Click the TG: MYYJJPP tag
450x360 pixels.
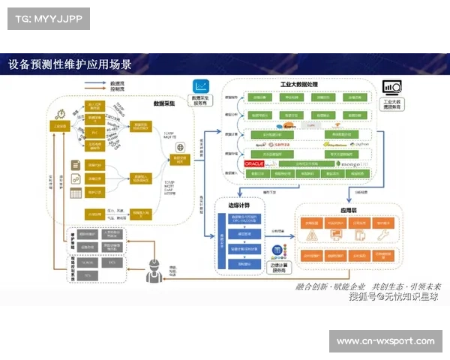[x=47, y=19]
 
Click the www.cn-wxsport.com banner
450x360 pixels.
[x=385, y=342]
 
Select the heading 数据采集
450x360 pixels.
[x=163, y=103]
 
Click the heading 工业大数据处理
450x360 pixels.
[x=300, y=85]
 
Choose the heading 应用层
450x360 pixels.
[x=351, y=211]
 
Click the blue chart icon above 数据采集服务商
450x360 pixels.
[x=201, y=86]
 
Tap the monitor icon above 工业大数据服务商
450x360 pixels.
[x=391, y=88]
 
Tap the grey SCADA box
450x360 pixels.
[x=88, y=262]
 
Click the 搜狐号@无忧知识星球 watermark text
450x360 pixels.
[x=394, y=297]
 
